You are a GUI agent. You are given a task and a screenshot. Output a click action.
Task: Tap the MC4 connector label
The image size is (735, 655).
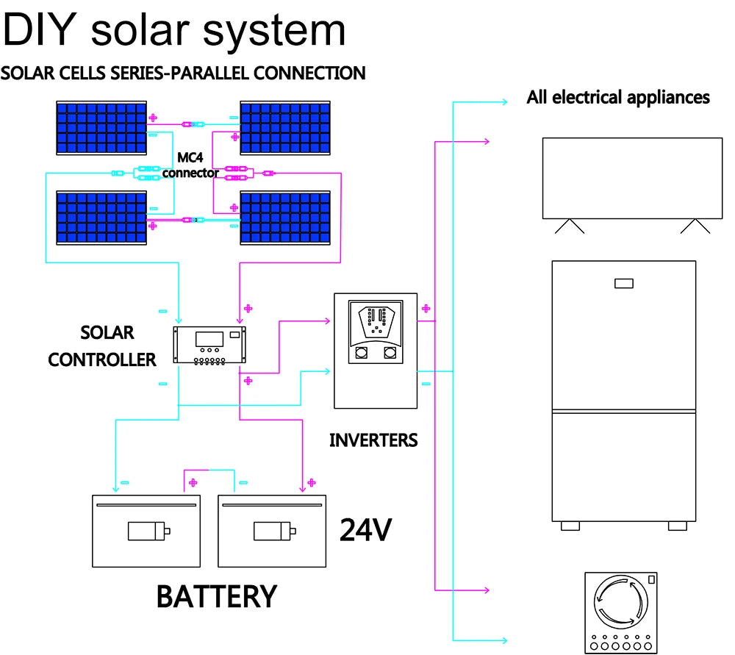point(190,165)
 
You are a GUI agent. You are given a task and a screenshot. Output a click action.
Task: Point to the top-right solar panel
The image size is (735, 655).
point(285,127)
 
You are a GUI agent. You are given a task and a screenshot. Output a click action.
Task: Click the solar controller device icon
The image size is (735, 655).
point(209,345)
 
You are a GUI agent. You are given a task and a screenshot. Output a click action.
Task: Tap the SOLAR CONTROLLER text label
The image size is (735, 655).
point(104,346)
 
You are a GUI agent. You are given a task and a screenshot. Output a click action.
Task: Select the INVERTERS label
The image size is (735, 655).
point(373,440)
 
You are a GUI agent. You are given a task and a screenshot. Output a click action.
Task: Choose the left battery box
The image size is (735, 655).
point(146,530)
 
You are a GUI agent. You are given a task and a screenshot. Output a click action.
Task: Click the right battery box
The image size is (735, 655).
point(272,530)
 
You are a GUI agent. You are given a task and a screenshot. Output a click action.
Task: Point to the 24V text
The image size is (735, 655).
point(365,529)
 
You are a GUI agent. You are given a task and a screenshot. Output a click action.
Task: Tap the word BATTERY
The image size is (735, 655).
point(217,596)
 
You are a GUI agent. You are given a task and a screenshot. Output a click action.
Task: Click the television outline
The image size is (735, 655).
point(626,178)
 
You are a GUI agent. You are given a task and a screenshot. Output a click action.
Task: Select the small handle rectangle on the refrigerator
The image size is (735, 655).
point(623,283)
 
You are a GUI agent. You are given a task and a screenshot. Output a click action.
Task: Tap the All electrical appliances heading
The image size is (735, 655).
point(618,97)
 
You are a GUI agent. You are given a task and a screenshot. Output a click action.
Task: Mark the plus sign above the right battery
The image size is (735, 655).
point(312,482)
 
